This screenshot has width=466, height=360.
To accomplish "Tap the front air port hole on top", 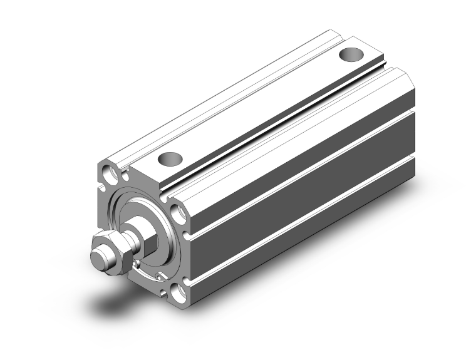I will [170, 159].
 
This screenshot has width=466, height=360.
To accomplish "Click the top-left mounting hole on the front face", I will [111, 172].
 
